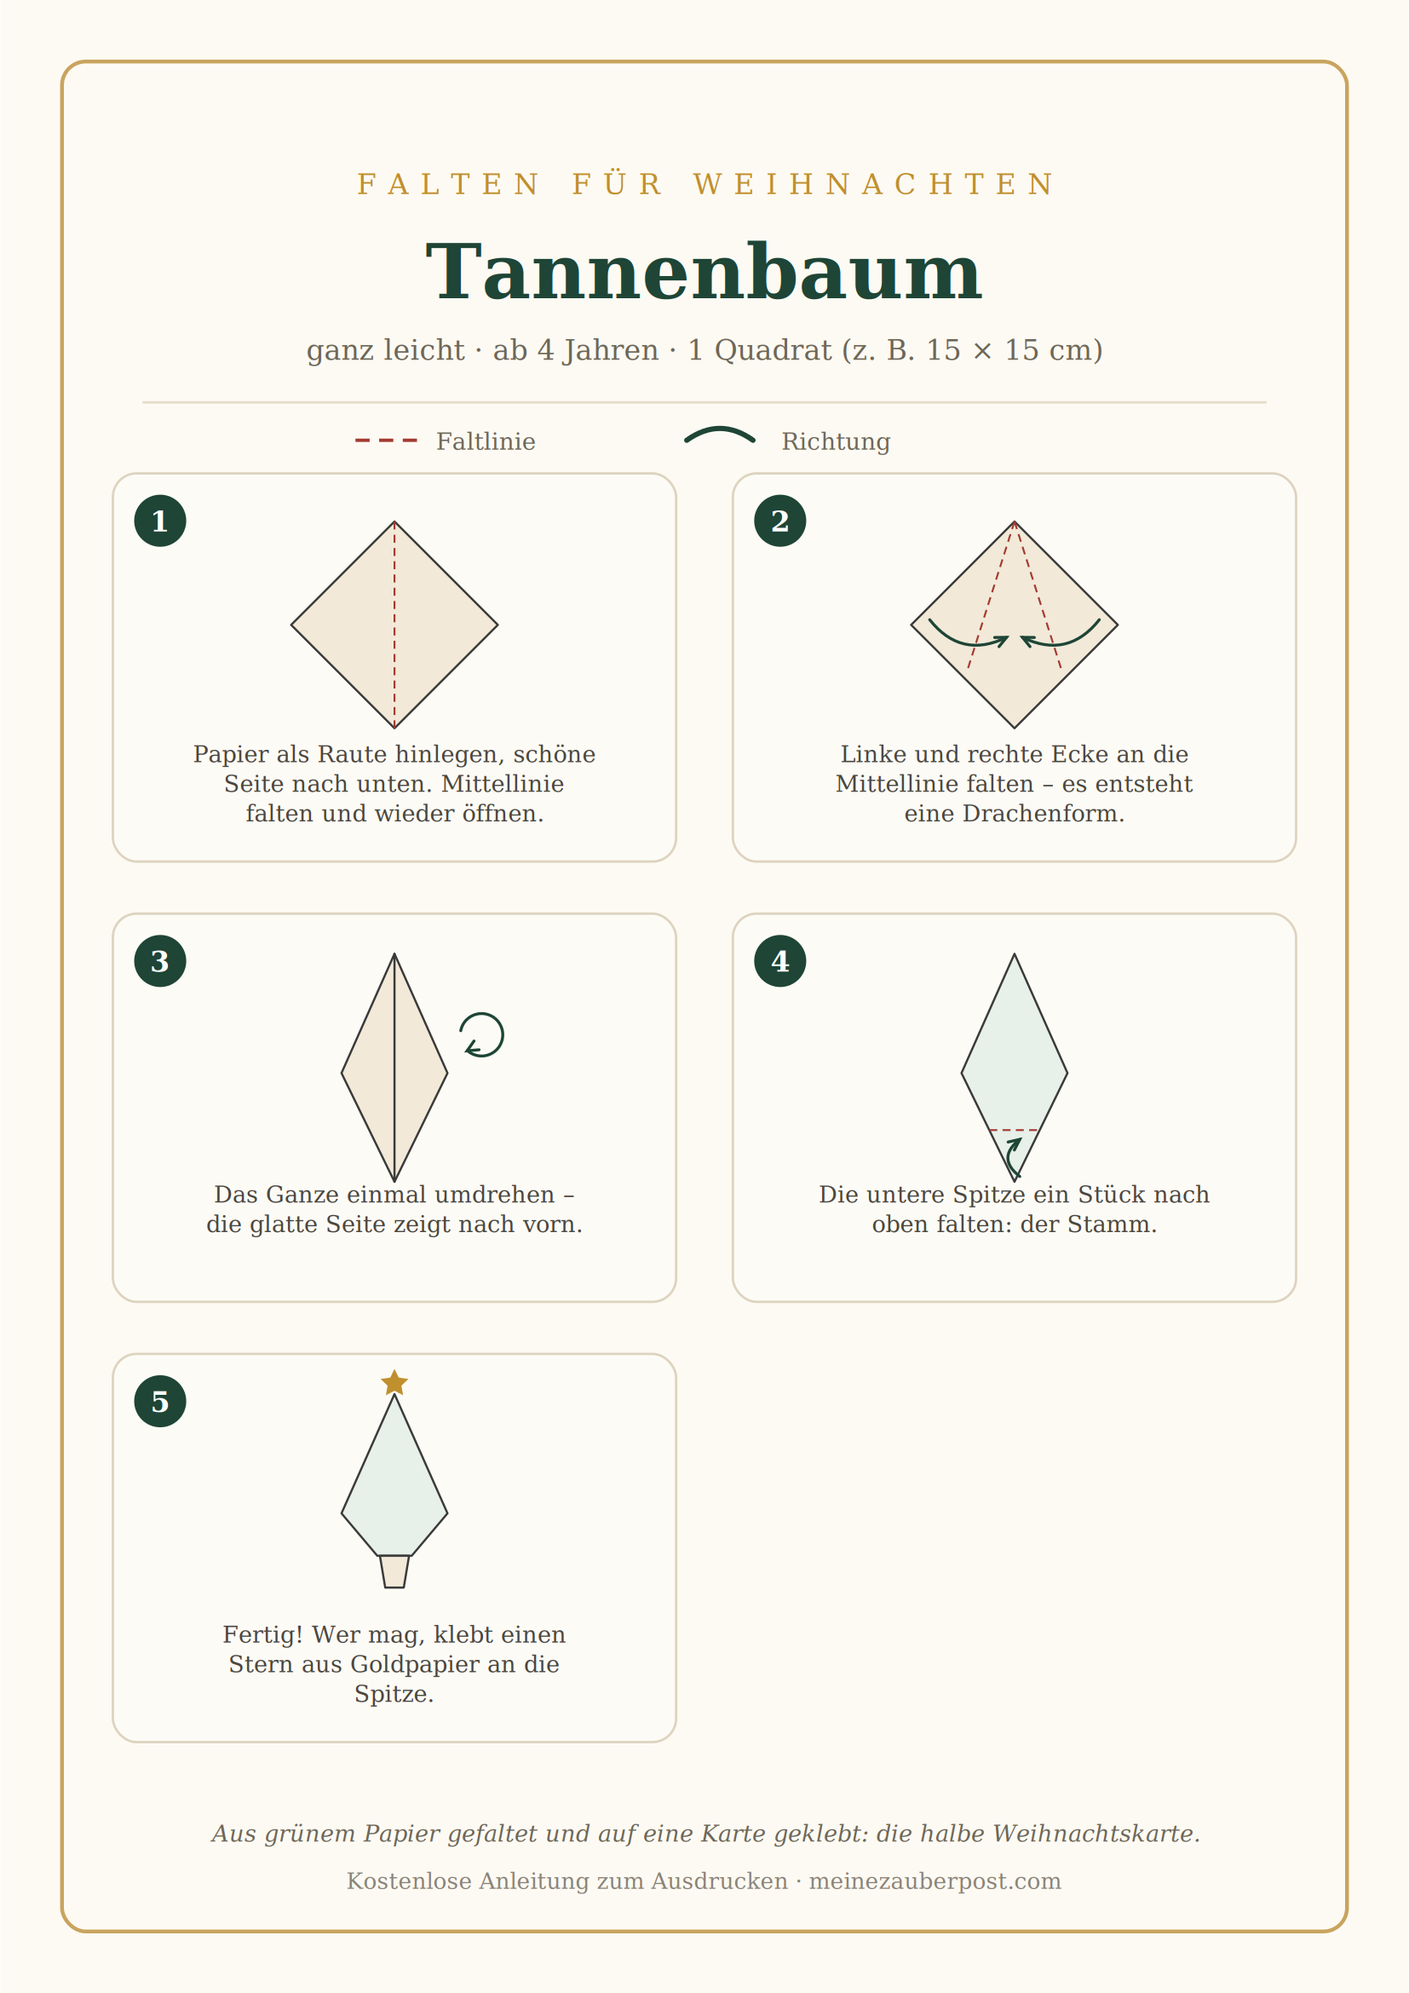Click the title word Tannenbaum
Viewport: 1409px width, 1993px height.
pos(704,273)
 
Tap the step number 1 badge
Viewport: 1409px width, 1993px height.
pos(160,521)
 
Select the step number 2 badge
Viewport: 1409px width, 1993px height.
pos(780,521)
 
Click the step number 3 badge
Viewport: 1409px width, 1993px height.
pos(160,961)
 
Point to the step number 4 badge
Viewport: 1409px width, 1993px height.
pos(780,961)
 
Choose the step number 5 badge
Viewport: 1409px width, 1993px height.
pos(160,1401)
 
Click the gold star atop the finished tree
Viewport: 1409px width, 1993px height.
pos(394,1383)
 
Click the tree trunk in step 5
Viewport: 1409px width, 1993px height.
pos(394,1571)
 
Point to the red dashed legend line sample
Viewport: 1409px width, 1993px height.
pos(386,441)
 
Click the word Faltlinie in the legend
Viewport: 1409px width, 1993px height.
pos(486,442)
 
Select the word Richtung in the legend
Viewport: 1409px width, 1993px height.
pos(836,442)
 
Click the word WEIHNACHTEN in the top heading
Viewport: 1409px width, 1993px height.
pos(874,184)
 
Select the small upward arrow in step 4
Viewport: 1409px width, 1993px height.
pos(1012,1156)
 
